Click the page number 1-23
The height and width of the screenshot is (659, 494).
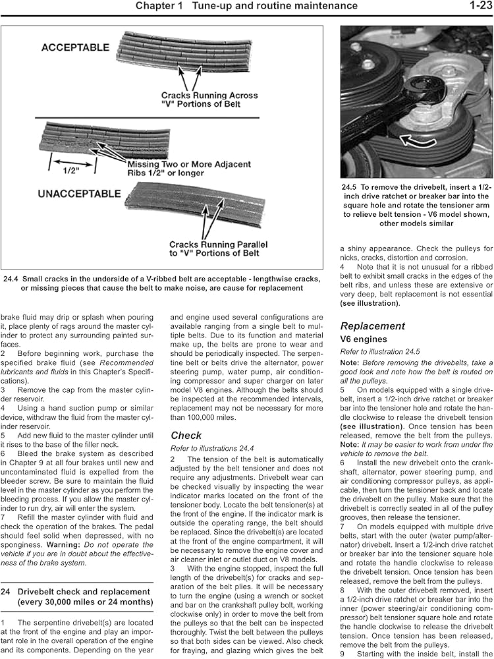476,6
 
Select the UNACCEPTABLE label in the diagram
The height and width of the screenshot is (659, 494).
80,194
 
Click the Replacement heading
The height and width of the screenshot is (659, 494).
373,326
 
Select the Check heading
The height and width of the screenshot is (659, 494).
186,435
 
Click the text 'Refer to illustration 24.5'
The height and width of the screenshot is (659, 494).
379,352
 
